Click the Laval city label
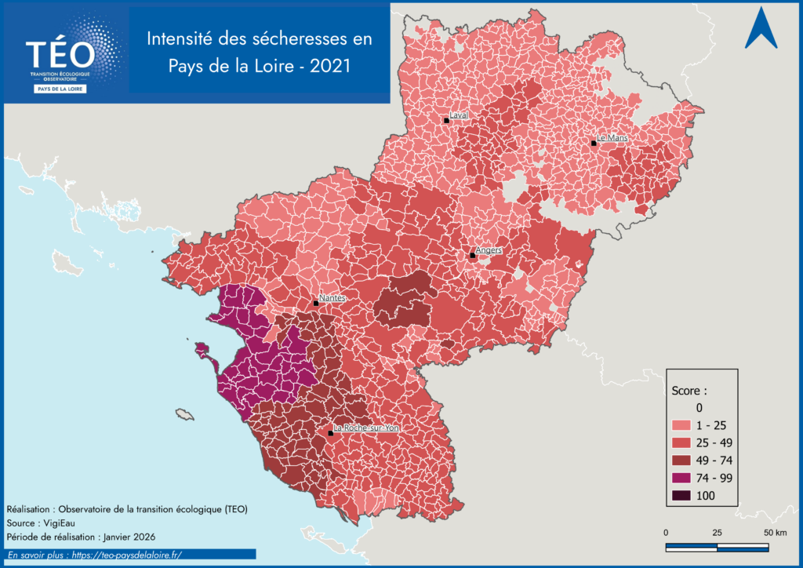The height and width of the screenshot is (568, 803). (x=459, y=115)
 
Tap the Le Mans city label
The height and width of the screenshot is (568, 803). (x=612, y=137)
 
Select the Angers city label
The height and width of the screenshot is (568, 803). (x=489, y=249)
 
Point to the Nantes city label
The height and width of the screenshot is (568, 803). (x=332, y=298)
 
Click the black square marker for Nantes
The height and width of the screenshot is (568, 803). (x=316, y=303)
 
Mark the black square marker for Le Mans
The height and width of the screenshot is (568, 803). (x=594, y=143)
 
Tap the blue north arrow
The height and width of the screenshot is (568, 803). (x=761, y=28)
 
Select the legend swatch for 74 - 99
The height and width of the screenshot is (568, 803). (x=684, y=478)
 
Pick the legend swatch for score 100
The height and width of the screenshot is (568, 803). (x=684, y=495)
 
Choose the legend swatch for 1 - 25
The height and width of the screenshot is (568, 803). (x=684, y=425)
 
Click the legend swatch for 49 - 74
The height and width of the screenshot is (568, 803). (x=684, y=461)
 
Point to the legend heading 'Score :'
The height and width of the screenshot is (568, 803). (x=690, y=390)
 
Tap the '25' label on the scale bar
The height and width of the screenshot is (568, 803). (x=717, y=533)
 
